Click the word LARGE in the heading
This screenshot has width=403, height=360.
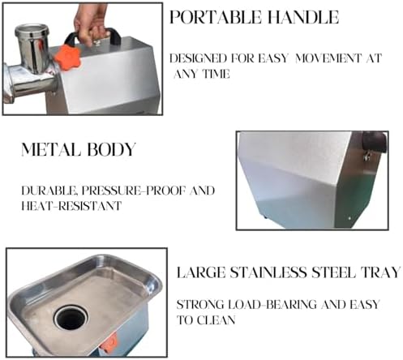point(203,273)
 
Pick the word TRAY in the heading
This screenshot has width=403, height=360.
point(381,273)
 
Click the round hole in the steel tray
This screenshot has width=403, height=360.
point(71,316)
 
